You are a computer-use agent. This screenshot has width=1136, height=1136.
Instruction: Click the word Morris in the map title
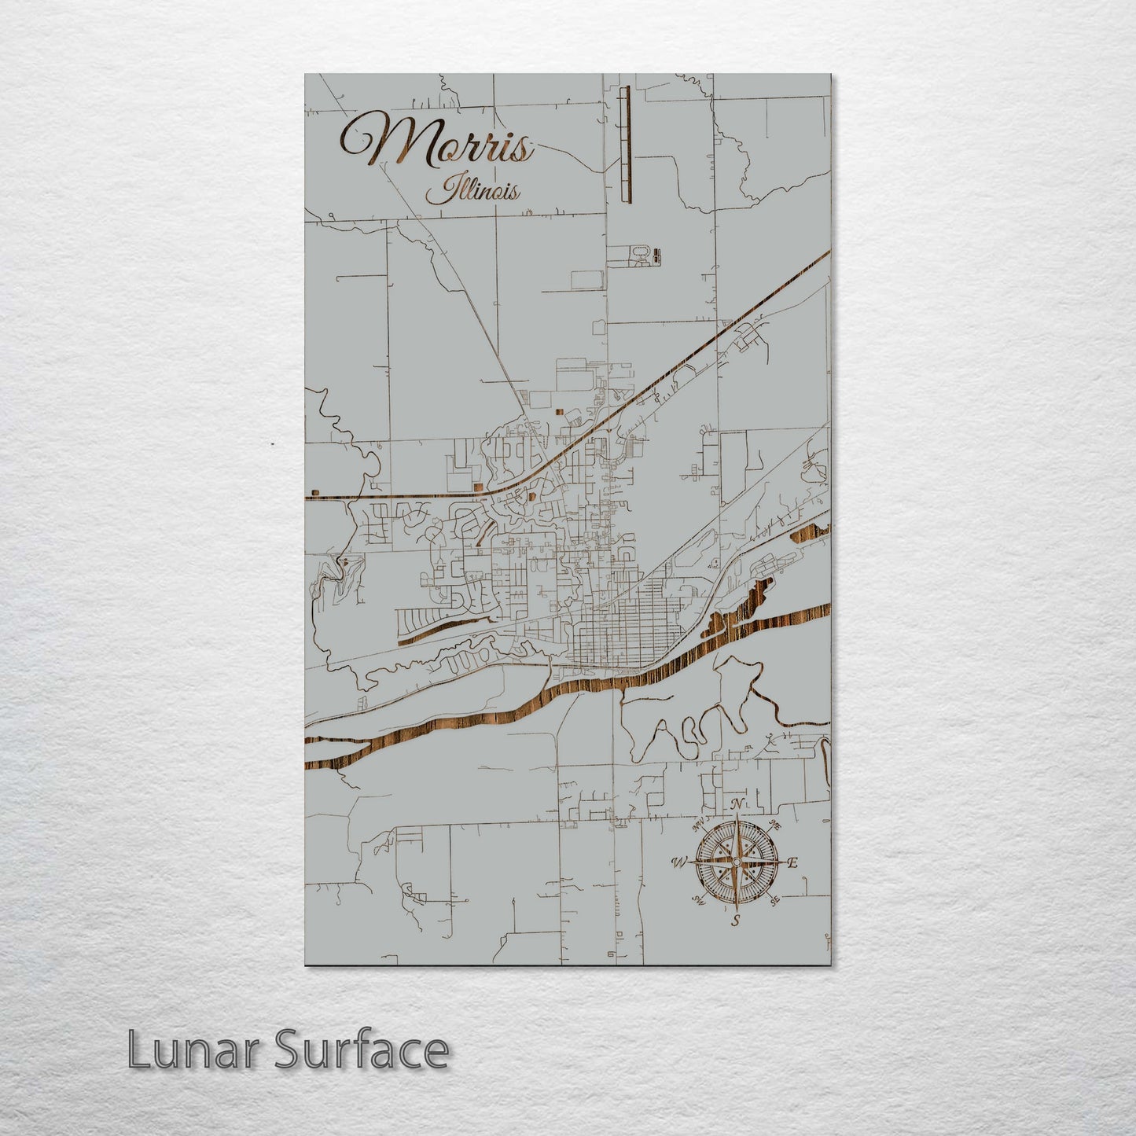click(436, 143)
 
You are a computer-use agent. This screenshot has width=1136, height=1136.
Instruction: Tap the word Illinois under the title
click(472, 191)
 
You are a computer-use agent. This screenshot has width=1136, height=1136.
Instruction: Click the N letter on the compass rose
click(737, 804)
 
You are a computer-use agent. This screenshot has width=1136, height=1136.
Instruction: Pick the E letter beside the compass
click(792, 863)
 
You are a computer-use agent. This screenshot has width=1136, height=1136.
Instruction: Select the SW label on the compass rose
click(697, 900)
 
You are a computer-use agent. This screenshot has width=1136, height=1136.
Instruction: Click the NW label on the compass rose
click(697, 826)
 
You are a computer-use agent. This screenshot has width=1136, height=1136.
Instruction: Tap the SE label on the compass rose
click(774, 900)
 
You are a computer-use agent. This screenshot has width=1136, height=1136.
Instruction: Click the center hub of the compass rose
click(736, 862)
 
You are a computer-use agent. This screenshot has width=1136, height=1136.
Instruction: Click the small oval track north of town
click(642, 253)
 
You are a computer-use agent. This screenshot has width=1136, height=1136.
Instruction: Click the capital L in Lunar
click(137, 1050)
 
